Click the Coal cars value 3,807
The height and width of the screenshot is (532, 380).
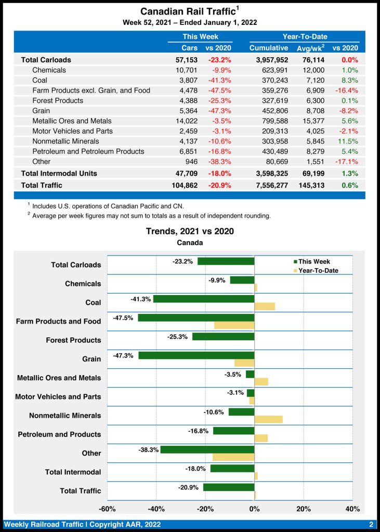coord(187,80)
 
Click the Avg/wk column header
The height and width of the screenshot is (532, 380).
coord(310,48)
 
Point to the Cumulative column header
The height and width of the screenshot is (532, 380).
coord(269,48)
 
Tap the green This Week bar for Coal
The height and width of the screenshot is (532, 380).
coord(203,299)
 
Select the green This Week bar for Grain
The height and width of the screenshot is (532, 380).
coord(196,355)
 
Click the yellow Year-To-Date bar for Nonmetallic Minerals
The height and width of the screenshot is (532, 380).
coord(268,419)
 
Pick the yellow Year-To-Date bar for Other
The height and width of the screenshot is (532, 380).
coord(233,457)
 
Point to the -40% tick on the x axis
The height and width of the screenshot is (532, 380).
coord(156,509)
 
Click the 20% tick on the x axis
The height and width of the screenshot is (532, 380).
coord(304,509)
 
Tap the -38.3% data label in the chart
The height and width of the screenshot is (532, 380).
coord(149,450)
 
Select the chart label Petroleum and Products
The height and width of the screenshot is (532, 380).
coord(59,434)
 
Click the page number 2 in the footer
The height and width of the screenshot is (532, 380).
coord(371,524)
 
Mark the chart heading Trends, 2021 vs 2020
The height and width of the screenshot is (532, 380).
coord(190,231)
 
